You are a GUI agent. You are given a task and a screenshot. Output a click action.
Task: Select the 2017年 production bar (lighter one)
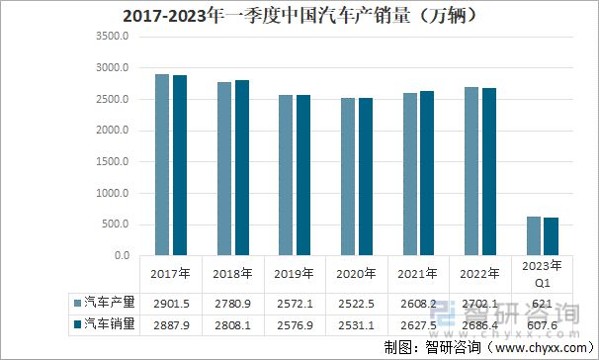click(161, 165)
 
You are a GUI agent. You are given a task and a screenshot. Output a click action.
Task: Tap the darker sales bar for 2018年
click(241, 167)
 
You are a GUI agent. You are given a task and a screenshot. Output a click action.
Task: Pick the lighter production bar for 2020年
click(348, 177)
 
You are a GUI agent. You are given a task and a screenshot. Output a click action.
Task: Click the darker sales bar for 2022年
click(488, 172)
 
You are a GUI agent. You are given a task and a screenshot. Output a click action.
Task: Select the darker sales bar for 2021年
click(426, 173)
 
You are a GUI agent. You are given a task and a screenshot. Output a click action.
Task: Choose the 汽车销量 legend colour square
click(76, 322)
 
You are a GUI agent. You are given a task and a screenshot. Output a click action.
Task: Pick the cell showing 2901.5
click(169, 302)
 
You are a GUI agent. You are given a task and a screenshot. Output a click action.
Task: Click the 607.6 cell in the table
click(542, 322)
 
